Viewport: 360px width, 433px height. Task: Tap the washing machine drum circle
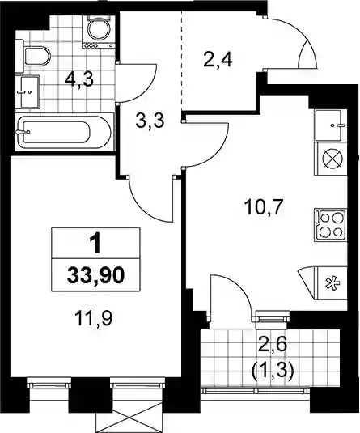[99, 31]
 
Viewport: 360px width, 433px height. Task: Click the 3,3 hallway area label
[150, 121]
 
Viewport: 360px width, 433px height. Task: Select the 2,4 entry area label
[218, 60]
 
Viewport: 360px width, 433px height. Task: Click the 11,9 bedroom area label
[93, 318]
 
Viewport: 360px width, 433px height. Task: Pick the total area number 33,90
[95, 275]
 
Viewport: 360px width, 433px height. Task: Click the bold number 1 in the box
[96, 244]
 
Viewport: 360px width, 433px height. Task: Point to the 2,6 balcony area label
[272, 345]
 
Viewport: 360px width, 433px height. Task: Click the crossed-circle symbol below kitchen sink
[332, 159]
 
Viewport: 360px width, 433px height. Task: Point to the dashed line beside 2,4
[182, 61]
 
